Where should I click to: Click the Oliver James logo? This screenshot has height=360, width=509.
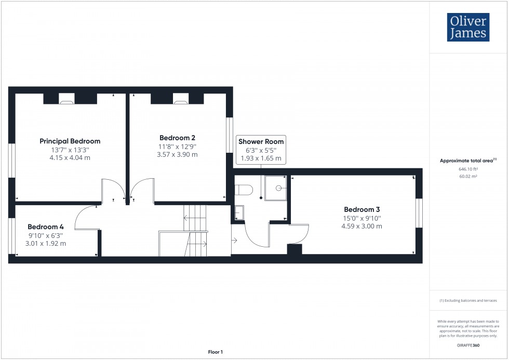pyautogui.click(x=468, y=27)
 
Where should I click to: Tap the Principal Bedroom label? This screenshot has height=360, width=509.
pyautogui.click(x=70, y=141)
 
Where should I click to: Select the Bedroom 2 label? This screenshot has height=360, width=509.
pyautogui.click(x=177, y=138)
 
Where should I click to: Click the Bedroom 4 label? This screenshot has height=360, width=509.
pyautogui.click(x=46, y=227)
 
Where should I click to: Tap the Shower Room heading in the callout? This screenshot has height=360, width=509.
pyautogui.click(x=261, y=141)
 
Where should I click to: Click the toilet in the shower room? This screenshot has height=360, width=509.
pyautogui.click(x=245, y=190)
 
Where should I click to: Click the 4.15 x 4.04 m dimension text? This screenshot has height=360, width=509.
pyautogui.click(x=70, y=158)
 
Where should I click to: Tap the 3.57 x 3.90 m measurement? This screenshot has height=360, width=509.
pyautogui.click(x=177, y=155)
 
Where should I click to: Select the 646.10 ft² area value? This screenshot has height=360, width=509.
pyautogui.click(x=468, y=169)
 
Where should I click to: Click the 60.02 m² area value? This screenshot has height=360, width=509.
pyautogui.click(x=468, y=177)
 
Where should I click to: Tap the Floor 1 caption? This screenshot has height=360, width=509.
pyautogui.click(x=215, y=352)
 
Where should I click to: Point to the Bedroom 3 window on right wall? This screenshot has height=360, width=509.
pyautogui.click(x=420, y=213)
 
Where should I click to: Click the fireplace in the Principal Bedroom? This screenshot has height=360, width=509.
pyautogui.click(x=66, y=101)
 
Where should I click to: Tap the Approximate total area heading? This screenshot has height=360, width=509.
pyautogui.click(x=467, y=161)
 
